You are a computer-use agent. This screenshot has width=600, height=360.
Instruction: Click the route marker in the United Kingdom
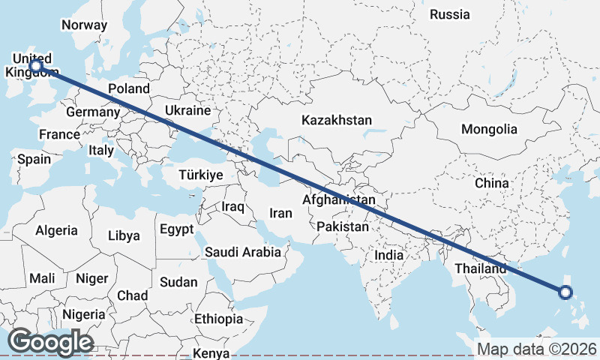tap(35, 66)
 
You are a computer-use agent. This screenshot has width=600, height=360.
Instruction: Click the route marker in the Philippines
tap(566, 292)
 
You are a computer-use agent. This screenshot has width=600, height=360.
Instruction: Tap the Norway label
tap(84, 25)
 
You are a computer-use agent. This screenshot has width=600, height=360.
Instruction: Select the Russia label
tap(450, 14)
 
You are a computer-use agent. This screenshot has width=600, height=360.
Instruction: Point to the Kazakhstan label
tap(337, 120)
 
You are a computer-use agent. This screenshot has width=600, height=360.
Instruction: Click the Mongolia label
tap(489, 129)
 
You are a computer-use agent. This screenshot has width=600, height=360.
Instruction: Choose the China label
tap(491, 183)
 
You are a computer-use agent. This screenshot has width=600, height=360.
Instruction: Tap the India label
tap(388, 255)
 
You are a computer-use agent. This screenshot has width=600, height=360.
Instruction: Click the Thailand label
tap(480, 268)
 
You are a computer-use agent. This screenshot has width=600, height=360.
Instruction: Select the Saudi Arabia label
tap(243, 253)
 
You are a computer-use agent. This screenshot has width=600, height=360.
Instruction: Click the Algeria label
tap(56, 230)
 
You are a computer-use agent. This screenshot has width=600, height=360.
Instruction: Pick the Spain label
tap(34, 159)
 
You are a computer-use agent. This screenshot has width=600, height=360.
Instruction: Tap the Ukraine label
tap(187, 110)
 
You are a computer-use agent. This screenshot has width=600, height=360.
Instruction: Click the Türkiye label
tap(201, 175)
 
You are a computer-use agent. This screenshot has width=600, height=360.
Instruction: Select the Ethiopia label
tap(218, 319)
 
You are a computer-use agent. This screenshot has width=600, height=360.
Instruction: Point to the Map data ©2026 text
tap(536, 349)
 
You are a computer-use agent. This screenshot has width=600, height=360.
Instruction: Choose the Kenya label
tap(211, 353)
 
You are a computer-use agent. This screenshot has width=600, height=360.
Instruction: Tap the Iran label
tap(280, 213)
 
